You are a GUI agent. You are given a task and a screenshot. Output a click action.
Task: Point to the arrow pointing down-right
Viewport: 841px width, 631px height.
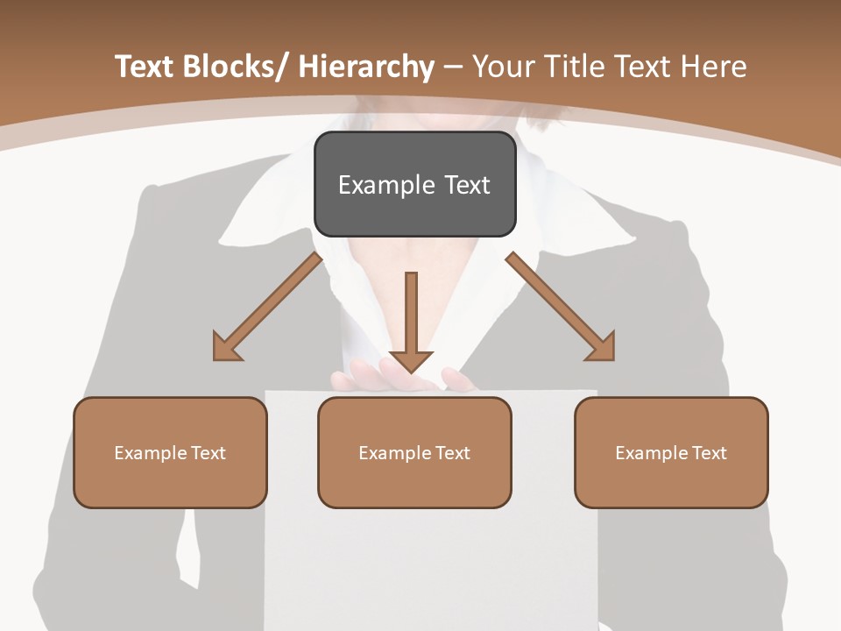pos(557,303)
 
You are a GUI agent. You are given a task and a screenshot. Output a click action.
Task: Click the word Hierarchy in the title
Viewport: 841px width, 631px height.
pos(366,67)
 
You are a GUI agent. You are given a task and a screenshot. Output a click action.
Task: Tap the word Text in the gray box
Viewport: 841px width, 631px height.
pos(466,185)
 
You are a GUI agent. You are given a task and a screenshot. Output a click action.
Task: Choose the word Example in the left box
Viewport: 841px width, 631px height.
pos(151,453)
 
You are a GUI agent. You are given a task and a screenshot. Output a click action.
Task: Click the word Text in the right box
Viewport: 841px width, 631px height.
pos(708,453)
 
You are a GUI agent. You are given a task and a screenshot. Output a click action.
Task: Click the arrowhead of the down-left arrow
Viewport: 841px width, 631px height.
pos(226,349)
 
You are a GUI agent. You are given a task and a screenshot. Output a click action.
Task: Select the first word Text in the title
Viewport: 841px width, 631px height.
pos(145,67)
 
